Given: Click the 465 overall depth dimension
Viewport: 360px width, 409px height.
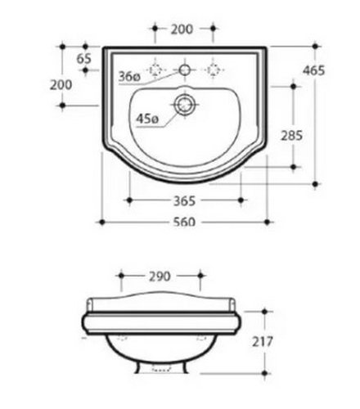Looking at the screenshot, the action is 313,70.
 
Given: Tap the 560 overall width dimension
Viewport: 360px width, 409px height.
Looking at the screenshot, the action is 185,222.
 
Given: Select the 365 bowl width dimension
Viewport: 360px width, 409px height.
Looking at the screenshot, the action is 184,201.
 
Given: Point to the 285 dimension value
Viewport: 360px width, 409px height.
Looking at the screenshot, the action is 292,136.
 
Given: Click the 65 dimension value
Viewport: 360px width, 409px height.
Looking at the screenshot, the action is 84,59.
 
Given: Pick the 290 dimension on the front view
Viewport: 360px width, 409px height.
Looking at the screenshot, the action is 160,276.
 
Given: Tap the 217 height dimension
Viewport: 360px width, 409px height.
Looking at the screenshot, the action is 263,342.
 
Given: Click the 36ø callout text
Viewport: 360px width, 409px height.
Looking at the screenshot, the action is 129,77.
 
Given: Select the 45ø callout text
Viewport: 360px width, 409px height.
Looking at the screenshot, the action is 147,119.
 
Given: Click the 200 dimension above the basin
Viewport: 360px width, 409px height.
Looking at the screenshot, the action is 182,29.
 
